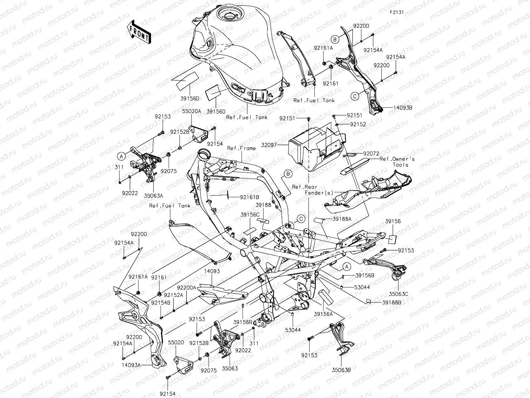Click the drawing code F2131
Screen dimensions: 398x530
pos(397,12)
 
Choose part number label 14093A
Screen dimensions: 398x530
pos(131,365)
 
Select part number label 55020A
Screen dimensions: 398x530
pos(191,111)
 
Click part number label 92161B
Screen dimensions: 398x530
pos(250,197)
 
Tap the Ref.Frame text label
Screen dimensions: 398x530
pos(241,148)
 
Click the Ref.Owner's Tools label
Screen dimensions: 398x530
pos(397,162)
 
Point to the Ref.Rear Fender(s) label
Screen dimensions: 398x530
pos(308,190)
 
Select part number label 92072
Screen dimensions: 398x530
pos(371,154)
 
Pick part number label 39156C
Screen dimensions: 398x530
pos(250,214)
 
